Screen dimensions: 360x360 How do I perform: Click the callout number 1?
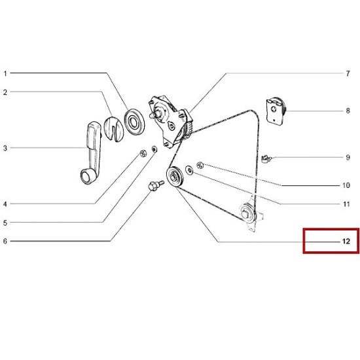pyautogui.click(x=5, y=74)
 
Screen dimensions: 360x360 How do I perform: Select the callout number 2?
pyautogui.click(x=5, y=92)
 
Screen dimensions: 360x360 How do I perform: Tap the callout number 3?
pyautogui.click(x=5, y=148)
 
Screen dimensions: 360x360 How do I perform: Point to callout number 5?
pyautogui.click(x=5, y=223)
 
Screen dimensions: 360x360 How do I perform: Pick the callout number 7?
pyautogui.click(x=348, y=74)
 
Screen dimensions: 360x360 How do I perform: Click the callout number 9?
pyautogui.click(x=348, y=158)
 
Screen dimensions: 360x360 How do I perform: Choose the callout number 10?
pyautogui.click(x=346, y=185)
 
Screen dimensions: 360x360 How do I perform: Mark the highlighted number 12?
pyautogui.click(x=346, y=242)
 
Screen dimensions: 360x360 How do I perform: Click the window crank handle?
pyautogui.click(x=91, y=153)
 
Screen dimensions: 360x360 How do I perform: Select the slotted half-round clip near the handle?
pyautogui.click(x=113, y=129)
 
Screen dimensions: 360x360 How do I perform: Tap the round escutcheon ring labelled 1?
pyautogui.click(x=134, y=122)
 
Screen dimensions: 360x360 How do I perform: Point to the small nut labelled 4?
pyautogui.click(x=143, y=153)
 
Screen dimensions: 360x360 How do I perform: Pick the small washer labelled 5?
pyautogui.click(x=154, y=149)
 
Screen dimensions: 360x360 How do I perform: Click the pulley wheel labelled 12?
pyautogui.click(x=175, y=176)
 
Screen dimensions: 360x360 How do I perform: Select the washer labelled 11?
pyautogui.click(x=189, y=170)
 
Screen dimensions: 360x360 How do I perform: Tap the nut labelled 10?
pyautogui.click(x=200, y=165)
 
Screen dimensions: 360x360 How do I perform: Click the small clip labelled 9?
pyautogui.click(x=266, y=158)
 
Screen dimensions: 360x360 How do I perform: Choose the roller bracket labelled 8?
pyautogui.click(x=276, y=111)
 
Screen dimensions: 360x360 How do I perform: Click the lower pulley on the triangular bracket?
pyautogui.click(x=247, y=213)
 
